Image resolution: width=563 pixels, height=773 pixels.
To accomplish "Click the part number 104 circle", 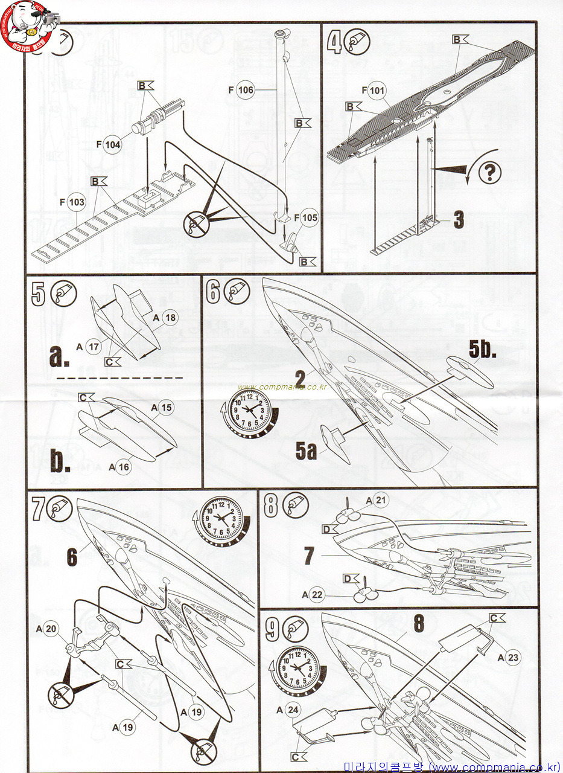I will tap(112, 145).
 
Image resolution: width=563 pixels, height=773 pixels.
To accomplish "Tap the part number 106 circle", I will tap(246, 90).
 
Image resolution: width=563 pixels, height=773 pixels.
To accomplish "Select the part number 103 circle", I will tap(77, 202).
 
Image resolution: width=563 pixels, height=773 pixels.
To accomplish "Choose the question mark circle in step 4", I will tap(489, 173).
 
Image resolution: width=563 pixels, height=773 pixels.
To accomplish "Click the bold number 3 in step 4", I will tap(458, 220).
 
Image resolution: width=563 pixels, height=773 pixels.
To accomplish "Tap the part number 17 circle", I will tap(93, 347).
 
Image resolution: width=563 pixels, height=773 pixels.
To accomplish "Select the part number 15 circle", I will tap(166, 408).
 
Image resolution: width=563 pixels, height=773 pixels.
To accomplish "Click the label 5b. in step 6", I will tap(483, 348).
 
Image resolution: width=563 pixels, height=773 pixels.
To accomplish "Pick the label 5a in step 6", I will tap(306, 451).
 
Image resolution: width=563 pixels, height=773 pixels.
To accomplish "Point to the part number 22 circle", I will tap(318, 595).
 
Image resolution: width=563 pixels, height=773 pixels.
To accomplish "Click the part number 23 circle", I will tap(513, 658).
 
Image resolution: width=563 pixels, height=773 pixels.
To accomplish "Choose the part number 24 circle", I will tap(293, 709).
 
